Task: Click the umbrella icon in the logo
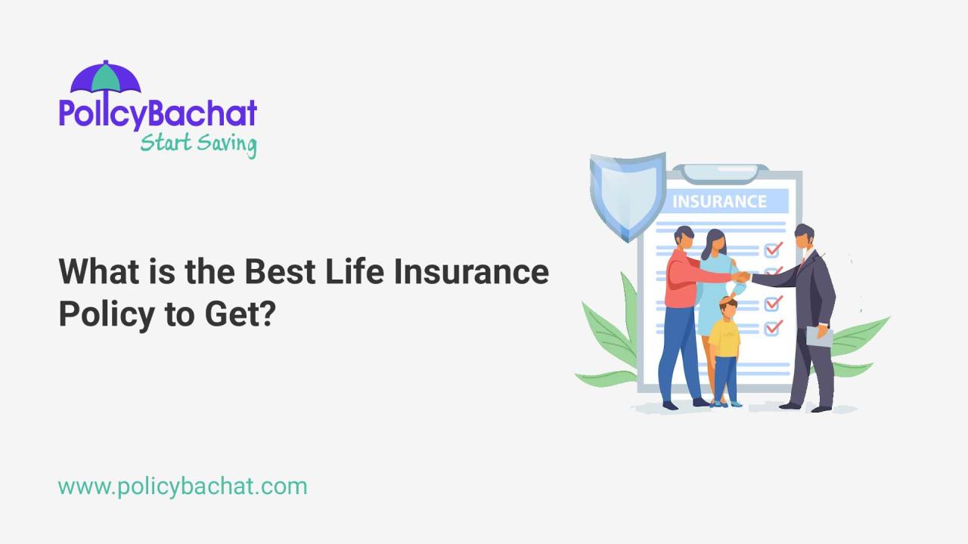tap(105, 79)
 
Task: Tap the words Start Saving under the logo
tap(198, 142)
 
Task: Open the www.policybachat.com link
tap(182, 486)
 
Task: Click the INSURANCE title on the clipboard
tap(719, 202)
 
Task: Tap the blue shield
tap(627, 195)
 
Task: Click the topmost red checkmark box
tap(772, 249)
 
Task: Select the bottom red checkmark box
tap(772, 328)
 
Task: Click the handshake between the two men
tap(742, 277)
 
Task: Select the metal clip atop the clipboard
tap(725, 173)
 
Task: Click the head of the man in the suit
tap(804, 237)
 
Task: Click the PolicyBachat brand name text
tap(158, 113)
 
